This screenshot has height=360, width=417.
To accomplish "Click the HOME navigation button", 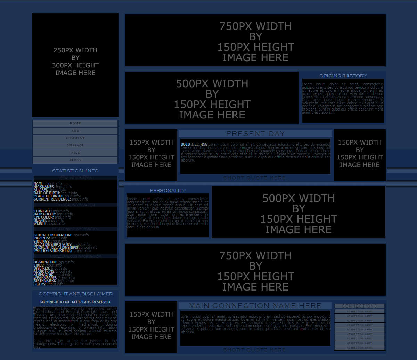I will [75, 123].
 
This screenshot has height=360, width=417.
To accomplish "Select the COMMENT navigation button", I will [75, 138].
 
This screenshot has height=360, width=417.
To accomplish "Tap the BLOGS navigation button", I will [75, 160].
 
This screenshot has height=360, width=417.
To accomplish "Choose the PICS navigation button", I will [75, 153].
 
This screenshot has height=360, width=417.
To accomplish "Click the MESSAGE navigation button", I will [75, 145].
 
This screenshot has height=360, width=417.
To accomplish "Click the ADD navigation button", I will [75, 131].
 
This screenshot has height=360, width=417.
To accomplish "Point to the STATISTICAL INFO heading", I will [75, 171].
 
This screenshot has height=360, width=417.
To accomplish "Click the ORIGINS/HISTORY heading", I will [343, 76].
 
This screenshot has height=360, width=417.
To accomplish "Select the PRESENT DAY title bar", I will [255, 133].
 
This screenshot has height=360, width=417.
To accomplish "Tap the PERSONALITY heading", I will [167, 190].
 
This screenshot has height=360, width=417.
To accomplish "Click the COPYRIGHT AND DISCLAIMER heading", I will [75, 294].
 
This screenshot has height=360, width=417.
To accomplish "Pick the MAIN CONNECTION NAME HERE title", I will [255, 305].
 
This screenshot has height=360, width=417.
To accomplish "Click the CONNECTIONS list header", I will [359, 306].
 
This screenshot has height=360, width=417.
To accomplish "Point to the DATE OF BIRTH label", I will [47, 193].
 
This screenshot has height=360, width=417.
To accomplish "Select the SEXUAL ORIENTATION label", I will [52, 235].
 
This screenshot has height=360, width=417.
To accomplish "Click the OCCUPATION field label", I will [45, 262].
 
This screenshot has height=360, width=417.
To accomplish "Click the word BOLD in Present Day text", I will [185, 144].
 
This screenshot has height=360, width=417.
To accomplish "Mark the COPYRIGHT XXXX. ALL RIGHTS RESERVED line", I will [75, 302].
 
